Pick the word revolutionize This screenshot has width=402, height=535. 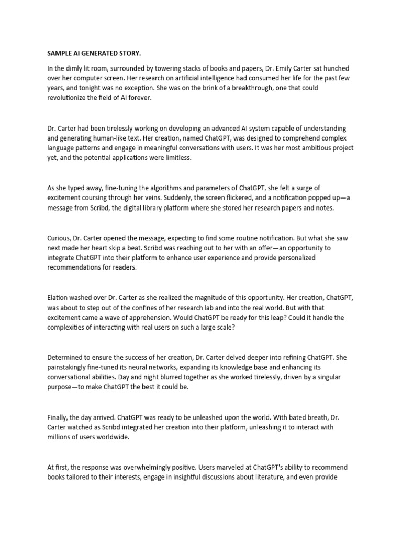click(x=68, y=97)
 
